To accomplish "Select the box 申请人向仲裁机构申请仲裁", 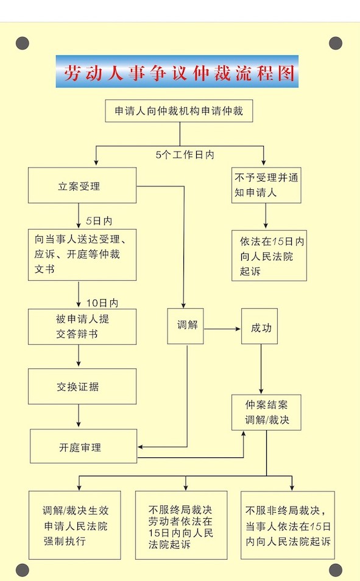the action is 179,111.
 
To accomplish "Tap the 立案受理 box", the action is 82,185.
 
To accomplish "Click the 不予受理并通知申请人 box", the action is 266,185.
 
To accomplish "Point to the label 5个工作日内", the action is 185,155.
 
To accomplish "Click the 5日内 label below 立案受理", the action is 99,221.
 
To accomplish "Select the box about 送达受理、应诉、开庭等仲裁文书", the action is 82,255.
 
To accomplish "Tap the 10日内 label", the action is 102,303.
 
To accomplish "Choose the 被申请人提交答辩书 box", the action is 82,327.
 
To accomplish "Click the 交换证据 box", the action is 82,387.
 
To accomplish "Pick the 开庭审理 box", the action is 83,446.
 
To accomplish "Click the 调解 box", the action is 185,326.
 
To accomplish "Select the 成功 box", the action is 259,326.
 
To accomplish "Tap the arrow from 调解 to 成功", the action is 222,329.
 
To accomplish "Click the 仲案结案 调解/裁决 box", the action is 266,412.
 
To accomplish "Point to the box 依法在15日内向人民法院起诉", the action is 269,256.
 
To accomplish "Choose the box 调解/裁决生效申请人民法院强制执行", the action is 75,526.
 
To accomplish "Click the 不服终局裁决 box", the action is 182,526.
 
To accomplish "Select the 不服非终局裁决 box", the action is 288,526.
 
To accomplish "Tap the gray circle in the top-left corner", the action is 23,43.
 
